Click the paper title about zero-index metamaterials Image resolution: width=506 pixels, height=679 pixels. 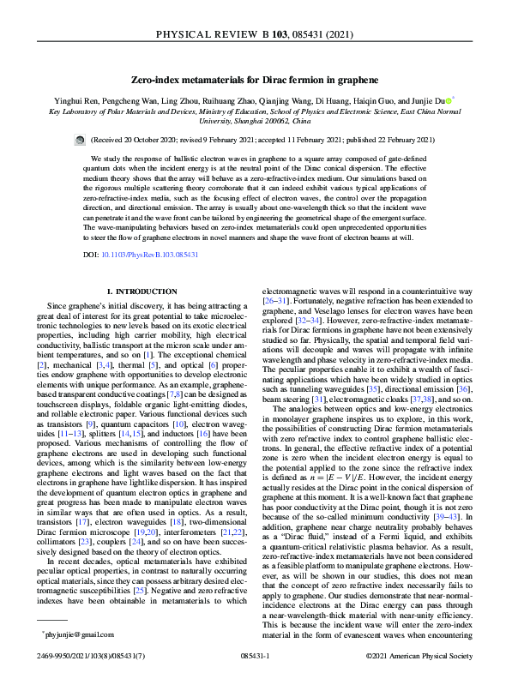coord(254,79)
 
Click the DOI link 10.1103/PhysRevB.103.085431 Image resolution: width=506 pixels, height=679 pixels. coord(148,255)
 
